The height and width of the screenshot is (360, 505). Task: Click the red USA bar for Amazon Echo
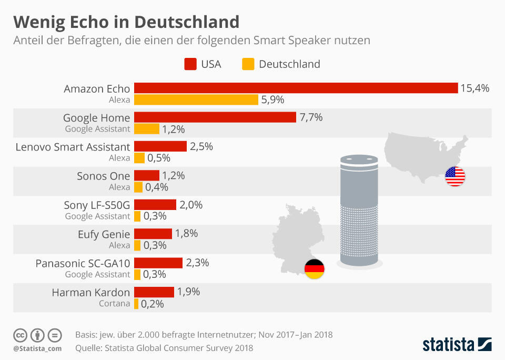[x=296, y=88]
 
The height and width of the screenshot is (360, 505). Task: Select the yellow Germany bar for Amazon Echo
[x=196, y=99]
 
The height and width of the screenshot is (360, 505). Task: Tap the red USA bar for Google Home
[x=215, y=117]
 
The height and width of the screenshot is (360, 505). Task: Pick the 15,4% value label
[x=474, y=88]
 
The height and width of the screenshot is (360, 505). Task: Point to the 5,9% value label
[x=274, y=99]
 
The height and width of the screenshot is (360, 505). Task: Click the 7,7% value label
[x=311, y=117]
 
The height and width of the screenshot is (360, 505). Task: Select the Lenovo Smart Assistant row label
[x=73, y=147]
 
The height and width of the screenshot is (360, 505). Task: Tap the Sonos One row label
[x=103, y=176]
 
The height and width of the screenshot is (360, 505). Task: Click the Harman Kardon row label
[x=90, y=292]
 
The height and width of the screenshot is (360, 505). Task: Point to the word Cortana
[x=114, y=304]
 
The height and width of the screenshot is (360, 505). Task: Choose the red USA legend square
[x=190, y=64]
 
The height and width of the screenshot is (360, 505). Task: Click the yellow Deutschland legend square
[x=248, y=64]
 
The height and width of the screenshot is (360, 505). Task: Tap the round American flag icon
[x=455, y=176]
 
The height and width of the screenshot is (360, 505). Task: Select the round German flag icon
[x=315, y=269]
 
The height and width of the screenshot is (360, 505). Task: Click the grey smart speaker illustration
[x=359, y=211]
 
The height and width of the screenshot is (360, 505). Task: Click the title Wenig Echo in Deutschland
[x=126, y=22]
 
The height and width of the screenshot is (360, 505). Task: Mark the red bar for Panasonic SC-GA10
[x=158, y=263]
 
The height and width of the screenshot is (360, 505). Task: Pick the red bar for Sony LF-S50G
[x=155, y=205]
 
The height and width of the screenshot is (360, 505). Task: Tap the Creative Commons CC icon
[x=21, y=335]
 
